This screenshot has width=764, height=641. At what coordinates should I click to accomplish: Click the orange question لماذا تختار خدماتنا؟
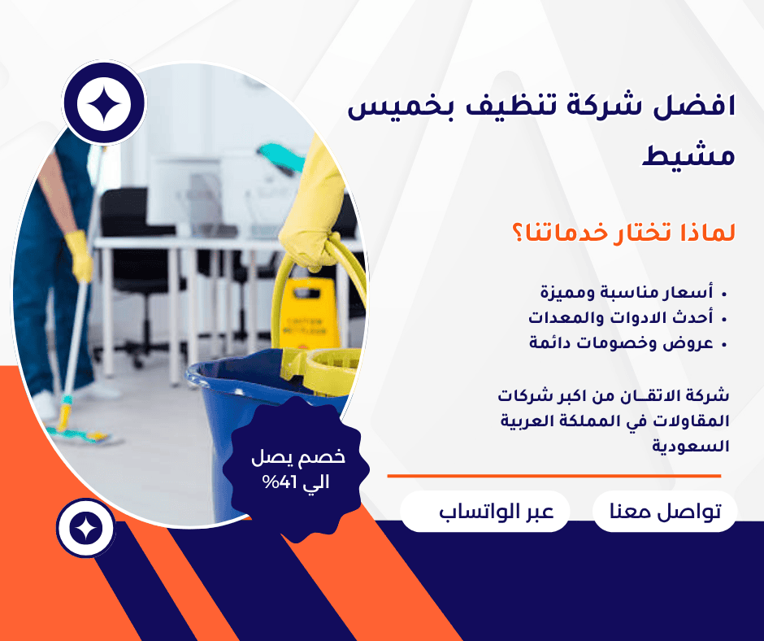(623, 232)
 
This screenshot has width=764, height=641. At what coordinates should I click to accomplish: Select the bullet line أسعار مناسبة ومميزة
(627, 292)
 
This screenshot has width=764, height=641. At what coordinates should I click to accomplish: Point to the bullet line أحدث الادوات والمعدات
(621, 317)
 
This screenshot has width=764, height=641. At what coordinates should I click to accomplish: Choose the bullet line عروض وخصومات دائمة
(621, 343)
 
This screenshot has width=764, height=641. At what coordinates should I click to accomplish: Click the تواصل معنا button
(665, 511)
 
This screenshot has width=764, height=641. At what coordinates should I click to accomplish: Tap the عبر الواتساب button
(484, 511)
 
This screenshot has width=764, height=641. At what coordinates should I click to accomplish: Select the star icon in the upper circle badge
(104, 103)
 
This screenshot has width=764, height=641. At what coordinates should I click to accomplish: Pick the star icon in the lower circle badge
(86, 528)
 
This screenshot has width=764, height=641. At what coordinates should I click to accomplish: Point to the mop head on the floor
(83, 434)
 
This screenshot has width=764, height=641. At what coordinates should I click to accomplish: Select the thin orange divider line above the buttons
(554, 476)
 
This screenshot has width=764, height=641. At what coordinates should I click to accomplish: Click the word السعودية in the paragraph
(690, 446)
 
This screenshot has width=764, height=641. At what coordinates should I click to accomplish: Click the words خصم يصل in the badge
(298, 457)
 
